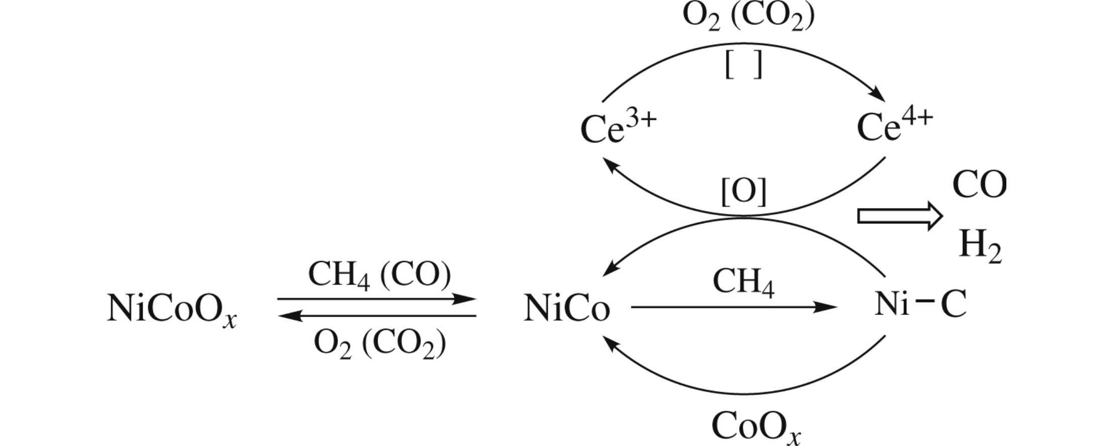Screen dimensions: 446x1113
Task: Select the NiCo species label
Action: click(566, 308)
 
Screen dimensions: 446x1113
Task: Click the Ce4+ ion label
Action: click(895, 126)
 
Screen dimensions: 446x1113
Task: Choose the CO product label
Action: click(979, 185)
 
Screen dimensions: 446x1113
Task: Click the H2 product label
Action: click(980, 246)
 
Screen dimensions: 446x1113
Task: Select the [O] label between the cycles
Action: click(744, 192)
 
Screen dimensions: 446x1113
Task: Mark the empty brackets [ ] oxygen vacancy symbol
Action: click(744, 65)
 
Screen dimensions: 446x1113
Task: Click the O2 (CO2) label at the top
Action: click(748, 16)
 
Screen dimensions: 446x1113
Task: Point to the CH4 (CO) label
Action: click(379, 275)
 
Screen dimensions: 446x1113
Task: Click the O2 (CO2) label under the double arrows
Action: click(379, 344)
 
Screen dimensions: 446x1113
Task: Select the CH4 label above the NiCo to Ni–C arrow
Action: click(743, 282)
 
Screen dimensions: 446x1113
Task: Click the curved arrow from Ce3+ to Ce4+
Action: click(743, 44)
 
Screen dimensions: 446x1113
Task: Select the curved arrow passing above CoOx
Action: click(743, 394)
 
